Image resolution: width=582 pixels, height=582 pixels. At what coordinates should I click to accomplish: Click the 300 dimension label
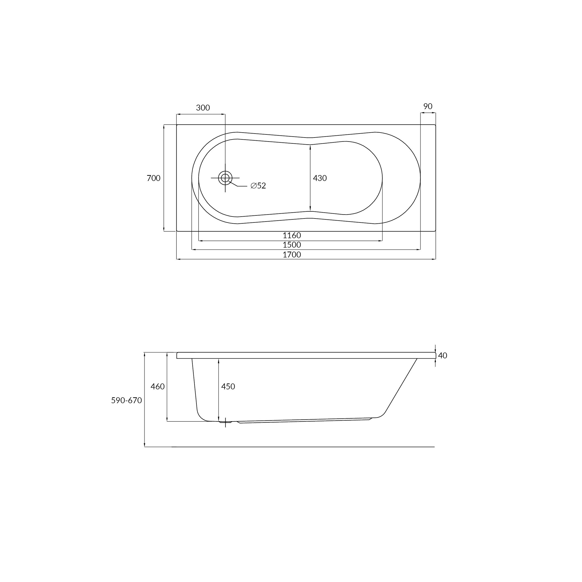click(x=203, y=107)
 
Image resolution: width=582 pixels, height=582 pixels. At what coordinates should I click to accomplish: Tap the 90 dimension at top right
click(x=428, y=106)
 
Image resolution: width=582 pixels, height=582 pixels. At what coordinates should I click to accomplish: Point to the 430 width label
click(x=320, y=178)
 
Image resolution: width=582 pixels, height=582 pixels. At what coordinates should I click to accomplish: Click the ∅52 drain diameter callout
click(x=258, y=186)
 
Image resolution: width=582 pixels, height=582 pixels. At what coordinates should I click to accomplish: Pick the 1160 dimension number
click(x=292, y=235)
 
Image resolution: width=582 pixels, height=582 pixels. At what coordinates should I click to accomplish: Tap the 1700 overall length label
click(x=292, y=255)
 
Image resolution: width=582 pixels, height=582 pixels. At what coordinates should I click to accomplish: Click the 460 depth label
click(x=157, y=386)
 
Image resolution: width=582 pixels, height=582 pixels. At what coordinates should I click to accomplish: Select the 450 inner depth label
click(x=228, y=386)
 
